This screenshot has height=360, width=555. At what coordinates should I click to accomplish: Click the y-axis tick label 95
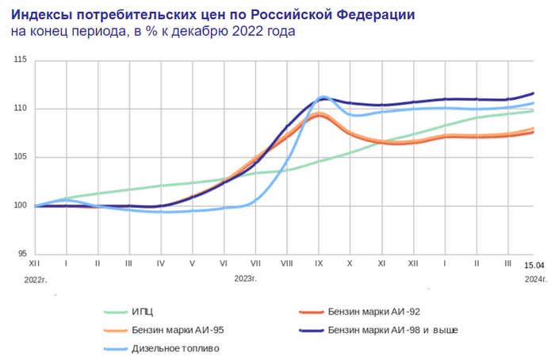click(22, 255)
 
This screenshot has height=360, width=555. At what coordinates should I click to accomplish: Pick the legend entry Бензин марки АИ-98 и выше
click(392, 329)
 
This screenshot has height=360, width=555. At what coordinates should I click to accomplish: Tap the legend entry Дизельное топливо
click(176, 348)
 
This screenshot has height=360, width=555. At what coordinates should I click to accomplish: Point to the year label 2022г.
click(36, 279)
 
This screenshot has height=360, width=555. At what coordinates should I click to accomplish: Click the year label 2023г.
click(246, 279)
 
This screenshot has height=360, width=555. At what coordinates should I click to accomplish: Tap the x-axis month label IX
click(318, 262)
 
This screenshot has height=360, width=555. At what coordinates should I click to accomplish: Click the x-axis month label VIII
click(286, 262)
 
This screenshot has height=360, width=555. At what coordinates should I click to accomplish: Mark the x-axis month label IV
click(161, 262)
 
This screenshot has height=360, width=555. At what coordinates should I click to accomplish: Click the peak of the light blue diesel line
click(323, 97)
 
